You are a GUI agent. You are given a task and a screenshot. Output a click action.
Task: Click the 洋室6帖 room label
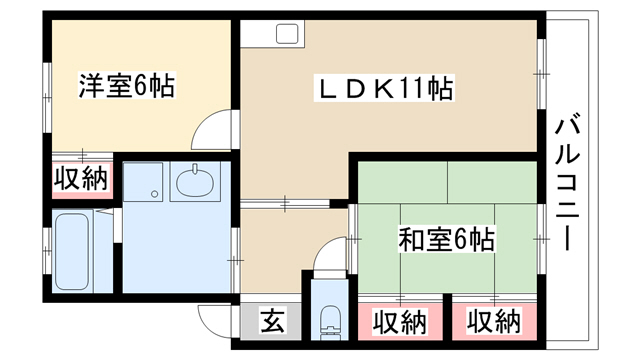click(x=127, y=86)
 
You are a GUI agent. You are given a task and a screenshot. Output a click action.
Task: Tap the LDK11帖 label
click(x=384, y=88)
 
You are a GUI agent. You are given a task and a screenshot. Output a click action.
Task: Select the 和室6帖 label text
click(x=447, y=239)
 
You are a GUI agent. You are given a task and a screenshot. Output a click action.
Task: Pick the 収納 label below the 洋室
click(x=82, y=178)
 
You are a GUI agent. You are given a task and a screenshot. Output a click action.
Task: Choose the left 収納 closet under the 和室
click(x=400, y=322)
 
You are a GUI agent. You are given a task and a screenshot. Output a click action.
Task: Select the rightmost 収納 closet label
click(x=494, y=322)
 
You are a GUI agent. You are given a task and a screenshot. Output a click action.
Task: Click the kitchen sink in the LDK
click(x=287, y=34)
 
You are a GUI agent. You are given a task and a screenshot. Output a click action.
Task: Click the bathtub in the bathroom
click(x=71, y=251)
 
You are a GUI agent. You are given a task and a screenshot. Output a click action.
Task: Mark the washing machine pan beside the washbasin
click(x=143, y=181)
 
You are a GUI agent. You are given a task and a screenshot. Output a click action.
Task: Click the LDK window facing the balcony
click(x=542, y=74)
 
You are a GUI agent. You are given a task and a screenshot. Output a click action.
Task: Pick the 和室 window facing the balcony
click(x=542, y=239)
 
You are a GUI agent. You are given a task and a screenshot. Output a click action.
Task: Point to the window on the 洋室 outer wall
click(x=47, y=98)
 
